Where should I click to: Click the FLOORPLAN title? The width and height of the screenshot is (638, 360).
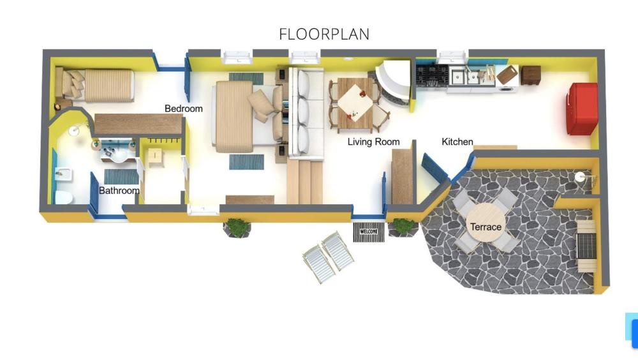pyautogui.click(x=324, y=34)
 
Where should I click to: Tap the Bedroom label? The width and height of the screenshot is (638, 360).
pyautogui.click(x=184, y=109)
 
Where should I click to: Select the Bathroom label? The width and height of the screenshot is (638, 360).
pyautogui.click(x=119, y=190)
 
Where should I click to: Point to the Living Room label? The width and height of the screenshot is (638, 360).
pyautogui.click(x=373, y=142)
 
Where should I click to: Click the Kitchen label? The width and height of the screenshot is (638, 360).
pyautogui.click(x=457, y=142)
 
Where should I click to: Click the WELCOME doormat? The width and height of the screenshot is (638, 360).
pyautogui.click(x=369, y=232)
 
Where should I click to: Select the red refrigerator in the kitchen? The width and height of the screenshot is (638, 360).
pyautogui.click(x=582, y=109)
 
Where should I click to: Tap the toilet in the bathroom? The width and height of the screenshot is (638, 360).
pyautogui.click(x=63, y=197)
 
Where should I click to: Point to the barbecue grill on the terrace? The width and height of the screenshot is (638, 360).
pyautogui.click(x=586, y=246)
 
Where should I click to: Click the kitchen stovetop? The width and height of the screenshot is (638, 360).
pyautogui.click(x=432, y=76)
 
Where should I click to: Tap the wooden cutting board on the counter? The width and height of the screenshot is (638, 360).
pyautogui.click(x=507, y=75)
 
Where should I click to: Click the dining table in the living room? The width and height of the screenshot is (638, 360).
pyautogui.click(x=355, y=103)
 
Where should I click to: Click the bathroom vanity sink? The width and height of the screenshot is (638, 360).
pyautogui.click(x=117, y=151)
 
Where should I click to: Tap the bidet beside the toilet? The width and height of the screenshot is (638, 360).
pyautogui.click(x=64, y=175)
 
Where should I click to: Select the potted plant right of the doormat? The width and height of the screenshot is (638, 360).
pyautogui.click(x=404, y=227)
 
